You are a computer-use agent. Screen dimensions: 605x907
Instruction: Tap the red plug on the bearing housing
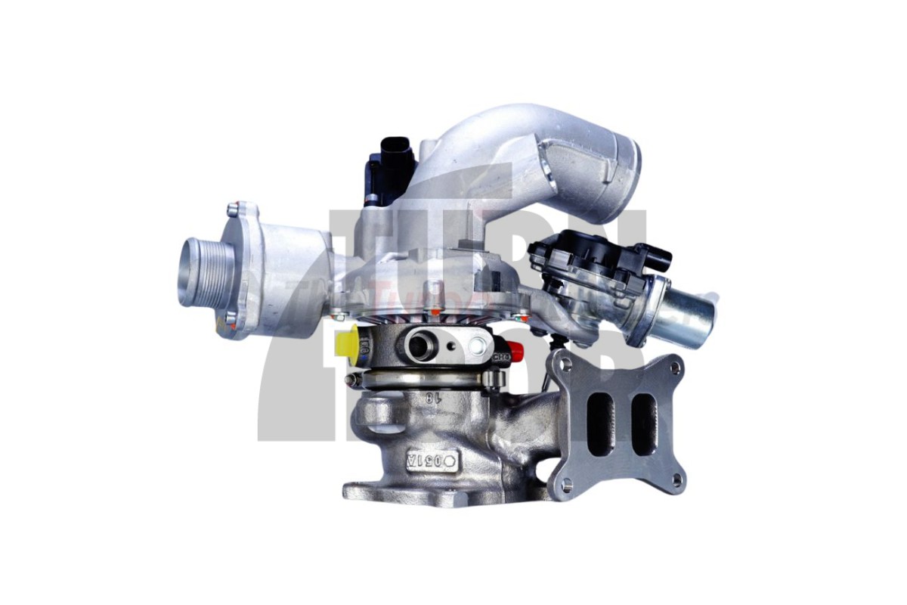click(518, 350)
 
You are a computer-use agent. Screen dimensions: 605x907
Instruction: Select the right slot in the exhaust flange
click(644, 423)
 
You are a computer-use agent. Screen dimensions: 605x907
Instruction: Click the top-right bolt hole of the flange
click(674, 368)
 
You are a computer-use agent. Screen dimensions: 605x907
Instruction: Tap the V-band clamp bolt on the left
click(351, 378)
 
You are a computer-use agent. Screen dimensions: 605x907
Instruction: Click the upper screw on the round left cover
click(234, 210)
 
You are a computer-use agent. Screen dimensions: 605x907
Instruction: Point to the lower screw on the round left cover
click(231, 318)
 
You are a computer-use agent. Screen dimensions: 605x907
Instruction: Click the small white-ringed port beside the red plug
click(477, 347)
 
